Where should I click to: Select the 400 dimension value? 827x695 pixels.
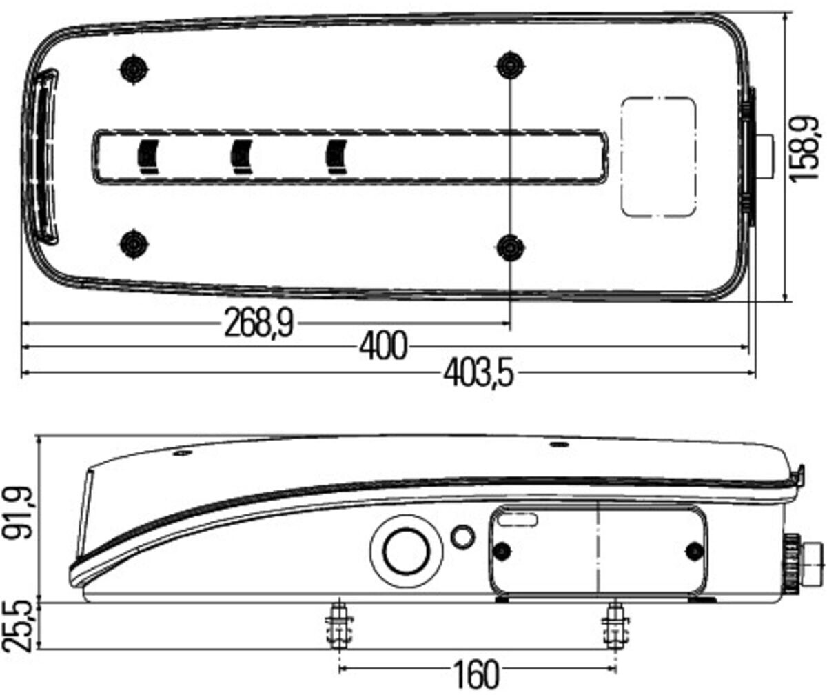click(383, 347)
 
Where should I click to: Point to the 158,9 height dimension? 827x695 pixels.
click(804, 150)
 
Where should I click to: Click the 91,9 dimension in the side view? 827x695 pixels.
click(17, 513)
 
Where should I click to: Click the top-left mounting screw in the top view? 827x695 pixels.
click(134, 70)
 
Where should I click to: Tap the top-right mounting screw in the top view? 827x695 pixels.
click(510, 66)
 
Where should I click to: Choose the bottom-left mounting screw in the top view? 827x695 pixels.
click(134, 243)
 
